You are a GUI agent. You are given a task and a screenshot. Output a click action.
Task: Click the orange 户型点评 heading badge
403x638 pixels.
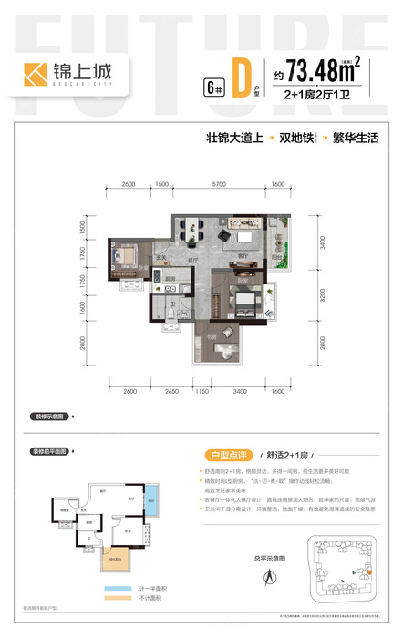[225, 454]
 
